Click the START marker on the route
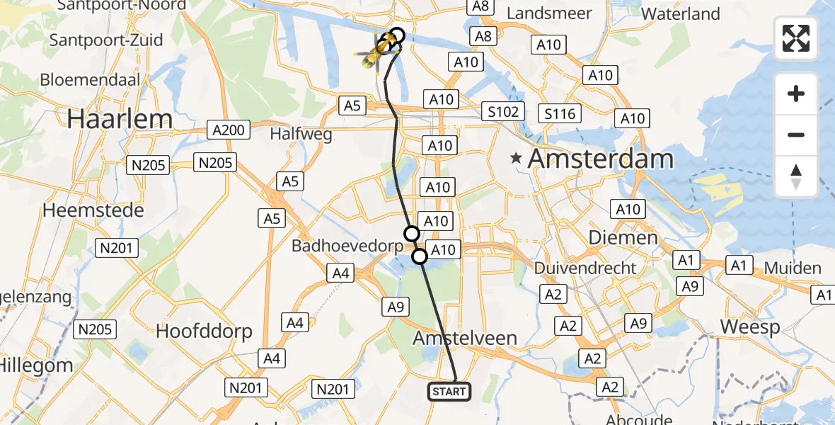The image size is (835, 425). coord(449,391)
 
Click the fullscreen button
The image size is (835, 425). coord(796,38)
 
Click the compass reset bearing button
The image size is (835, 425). coord(796,176)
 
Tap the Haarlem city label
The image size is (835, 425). coord(120,118)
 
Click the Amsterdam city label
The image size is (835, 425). coord(601,159)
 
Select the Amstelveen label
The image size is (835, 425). coord(466,338)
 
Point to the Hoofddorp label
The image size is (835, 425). coord(204,331)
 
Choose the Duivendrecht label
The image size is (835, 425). coord(585,268)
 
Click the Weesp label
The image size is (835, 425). coord(750,327)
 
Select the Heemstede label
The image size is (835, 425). coord(93,210)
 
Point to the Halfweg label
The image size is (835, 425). coord(302,134)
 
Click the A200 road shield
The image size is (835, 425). coord(228,130)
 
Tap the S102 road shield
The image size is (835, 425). coord(503,111)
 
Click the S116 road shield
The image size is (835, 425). coord(559,113)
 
